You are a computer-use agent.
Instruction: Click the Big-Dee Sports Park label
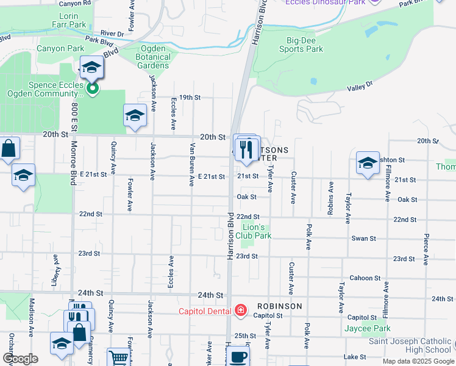pos(305,45)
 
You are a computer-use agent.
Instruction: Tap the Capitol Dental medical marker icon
pos(241,311)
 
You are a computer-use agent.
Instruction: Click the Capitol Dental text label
pos(205,311)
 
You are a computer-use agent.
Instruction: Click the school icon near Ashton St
pos(368,163)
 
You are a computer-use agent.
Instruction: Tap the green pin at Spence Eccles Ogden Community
pos(92,90)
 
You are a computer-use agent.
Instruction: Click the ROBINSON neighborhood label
pos(279,306)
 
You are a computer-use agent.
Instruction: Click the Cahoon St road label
pos(365,278)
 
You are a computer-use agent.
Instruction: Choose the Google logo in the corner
pos(20,359)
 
